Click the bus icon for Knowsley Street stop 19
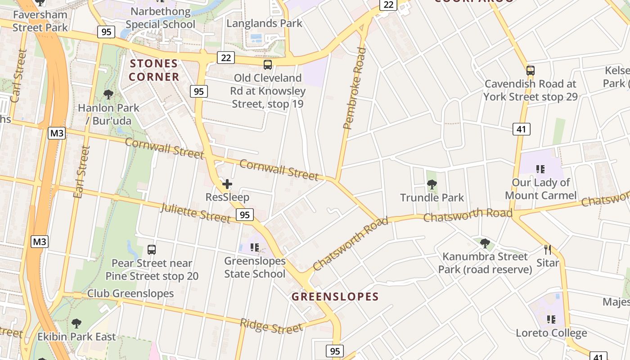pos(268,65)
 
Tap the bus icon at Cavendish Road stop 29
pos(531,71)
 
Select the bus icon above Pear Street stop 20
pos(152,250)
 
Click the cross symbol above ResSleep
pos(227,184)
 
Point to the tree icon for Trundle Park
pos(432,184)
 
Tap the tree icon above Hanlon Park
pos(108,94)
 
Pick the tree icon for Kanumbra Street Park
pos(485,243)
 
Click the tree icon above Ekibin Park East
pos(76,323)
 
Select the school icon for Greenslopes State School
pos(255,247)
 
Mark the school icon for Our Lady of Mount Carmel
pos(540,169)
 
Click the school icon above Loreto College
pos(551,319)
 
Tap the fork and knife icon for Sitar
pos(548,250)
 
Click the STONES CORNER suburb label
pos(154,70)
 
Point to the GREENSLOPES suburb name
pos(335,297)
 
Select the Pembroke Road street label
pos(354,88)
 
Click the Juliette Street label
pos(195,212)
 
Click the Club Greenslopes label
pos(130,293)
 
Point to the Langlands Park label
pos(264,23)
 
